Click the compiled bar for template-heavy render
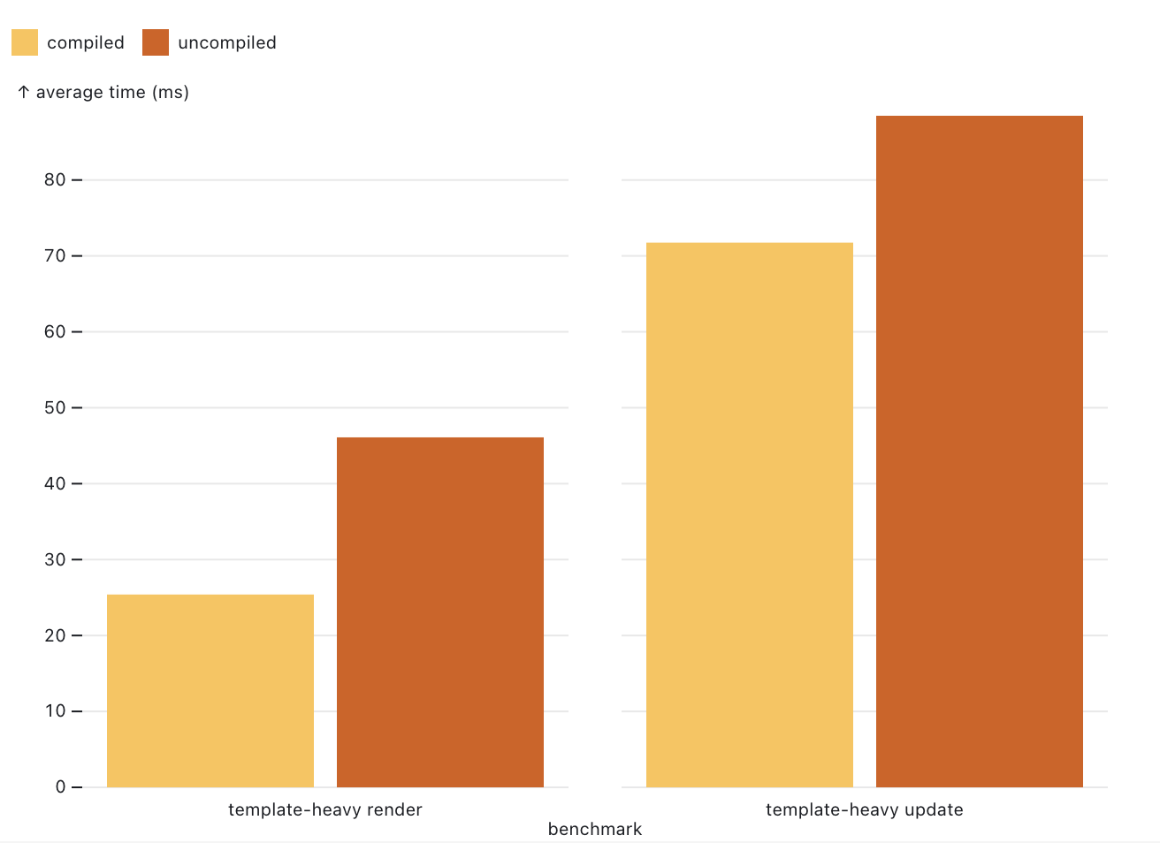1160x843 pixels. coord(210,690)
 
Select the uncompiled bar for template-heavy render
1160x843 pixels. coord(440,611)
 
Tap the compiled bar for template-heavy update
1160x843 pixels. coord(750,514)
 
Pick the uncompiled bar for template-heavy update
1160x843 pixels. coord(980,451)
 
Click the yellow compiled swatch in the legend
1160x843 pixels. coord(25,42)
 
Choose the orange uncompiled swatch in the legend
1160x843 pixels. coord(156,42)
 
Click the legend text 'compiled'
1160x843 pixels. coord(86,42)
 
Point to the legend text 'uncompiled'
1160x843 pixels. coord(227,42)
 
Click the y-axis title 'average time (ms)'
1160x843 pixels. coord(112,92)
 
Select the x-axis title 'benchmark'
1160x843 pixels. coord(595,829)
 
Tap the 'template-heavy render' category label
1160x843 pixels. coord(325,809)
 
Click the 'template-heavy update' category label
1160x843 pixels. coord(865,809)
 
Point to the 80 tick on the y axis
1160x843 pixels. coord(55,179)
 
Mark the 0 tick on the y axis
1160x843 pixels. coord(60,786)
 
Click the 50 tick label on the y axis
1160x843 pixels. coord(55,407)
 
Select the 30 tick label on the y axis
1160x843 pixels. coord(55,559)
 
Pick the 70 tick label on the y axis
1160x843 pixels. coord(55,255)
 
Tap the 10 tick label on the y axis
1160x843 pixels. coord(55,710)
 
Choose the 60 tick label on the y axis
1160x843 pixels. coord(55,331)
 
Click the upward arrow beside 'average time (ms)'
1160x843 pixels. coord(24,92)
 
